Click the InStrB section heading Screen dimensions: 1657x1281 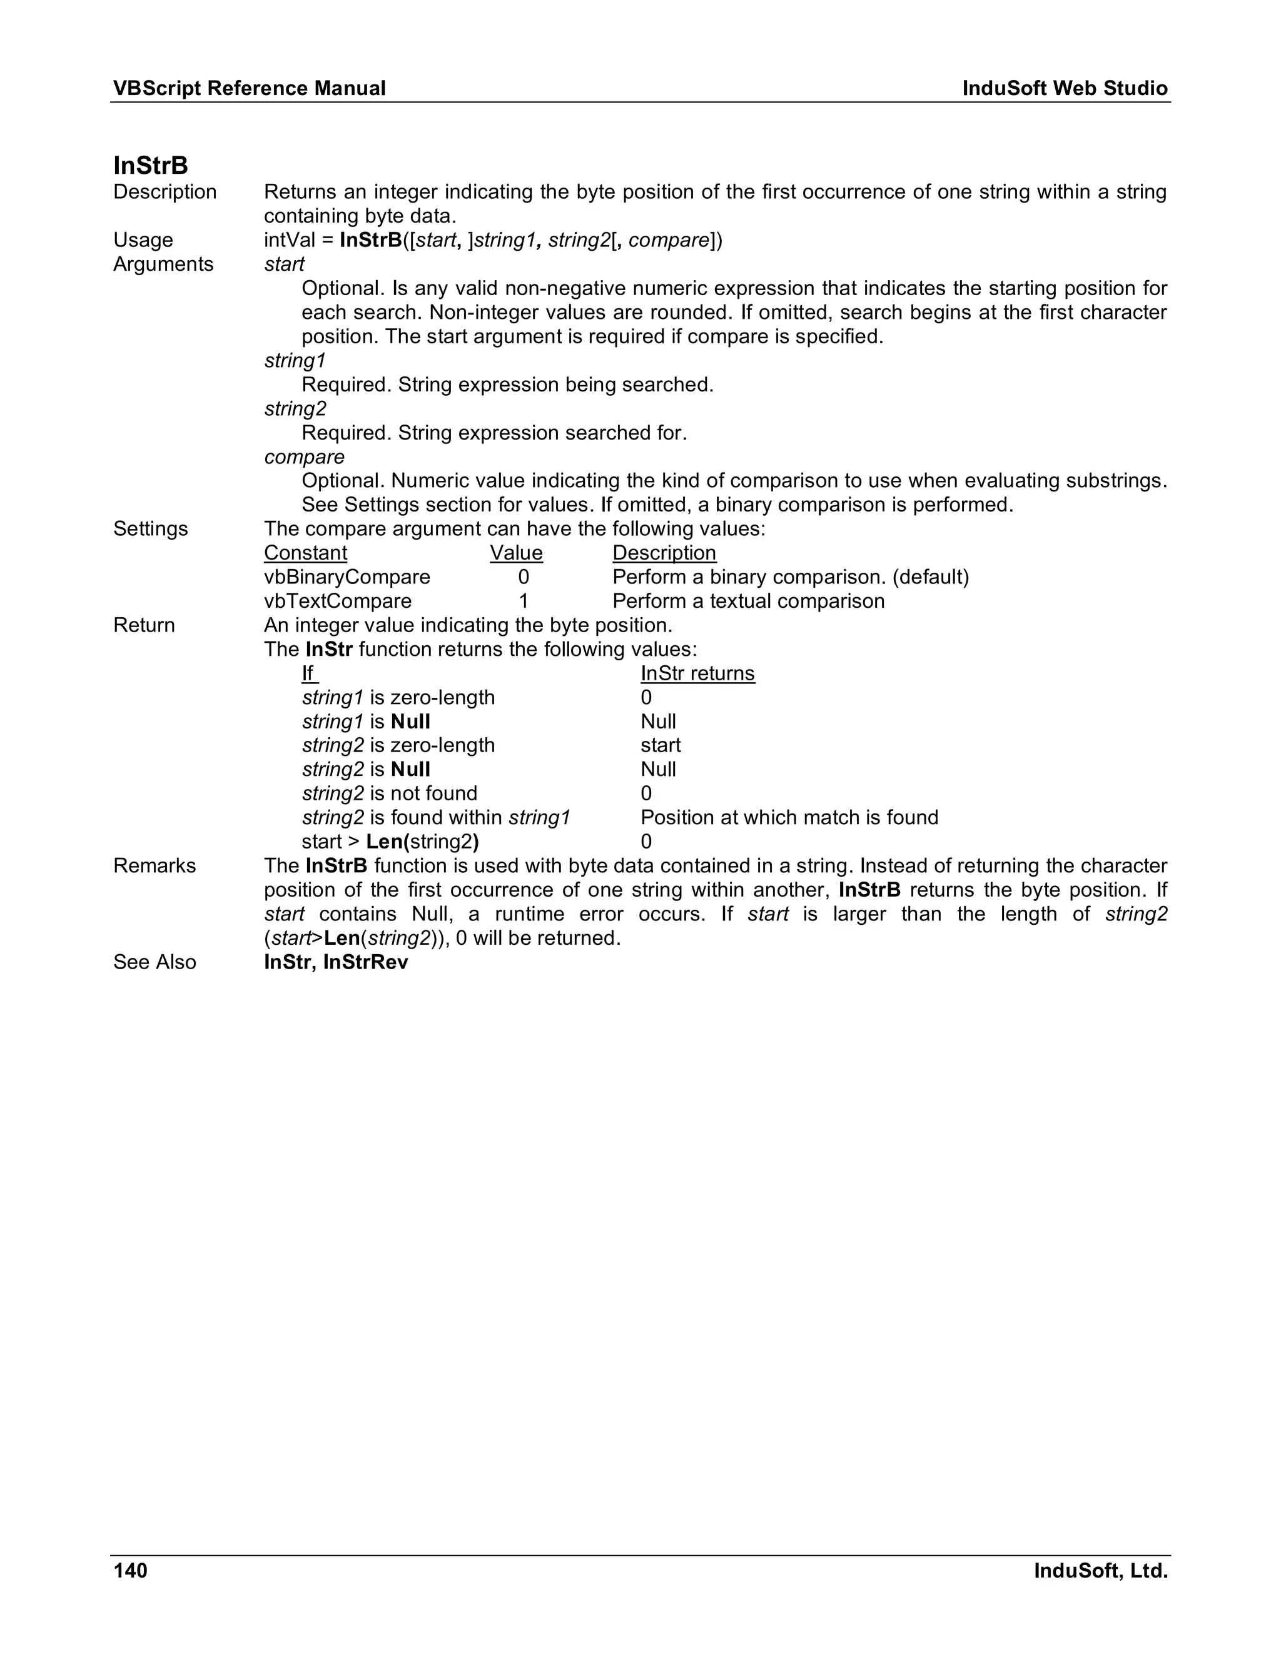[150, 166]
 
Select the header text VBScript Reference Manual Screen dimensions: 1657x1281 [249, 89]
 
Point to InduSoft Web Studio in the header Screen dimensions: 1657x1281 [1065, 89]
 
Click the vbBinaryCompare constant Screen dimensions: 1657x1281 [347, 577]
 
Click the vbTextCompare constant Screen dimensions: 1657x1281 [338, 602]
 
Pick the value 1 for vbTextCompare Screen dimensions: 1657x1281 [523, 602]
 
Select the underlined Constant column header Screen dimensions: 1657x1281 [305, 553]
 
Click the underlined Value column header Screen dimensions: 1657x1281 [516, 553]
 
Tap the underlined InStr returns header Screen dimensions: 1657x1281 [697, 673]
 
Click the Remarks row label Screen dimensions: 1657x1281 [154, 865]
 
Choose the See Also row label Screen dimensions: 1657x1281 [154, 962]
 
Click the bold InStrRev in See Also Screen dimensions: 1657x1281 [366, 962]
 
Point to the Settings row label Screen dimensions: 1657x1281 [150, 529]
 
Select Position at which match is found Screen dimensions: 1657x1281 [789, 818]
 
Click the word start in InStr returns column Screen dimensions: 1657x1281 [661, 746]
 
